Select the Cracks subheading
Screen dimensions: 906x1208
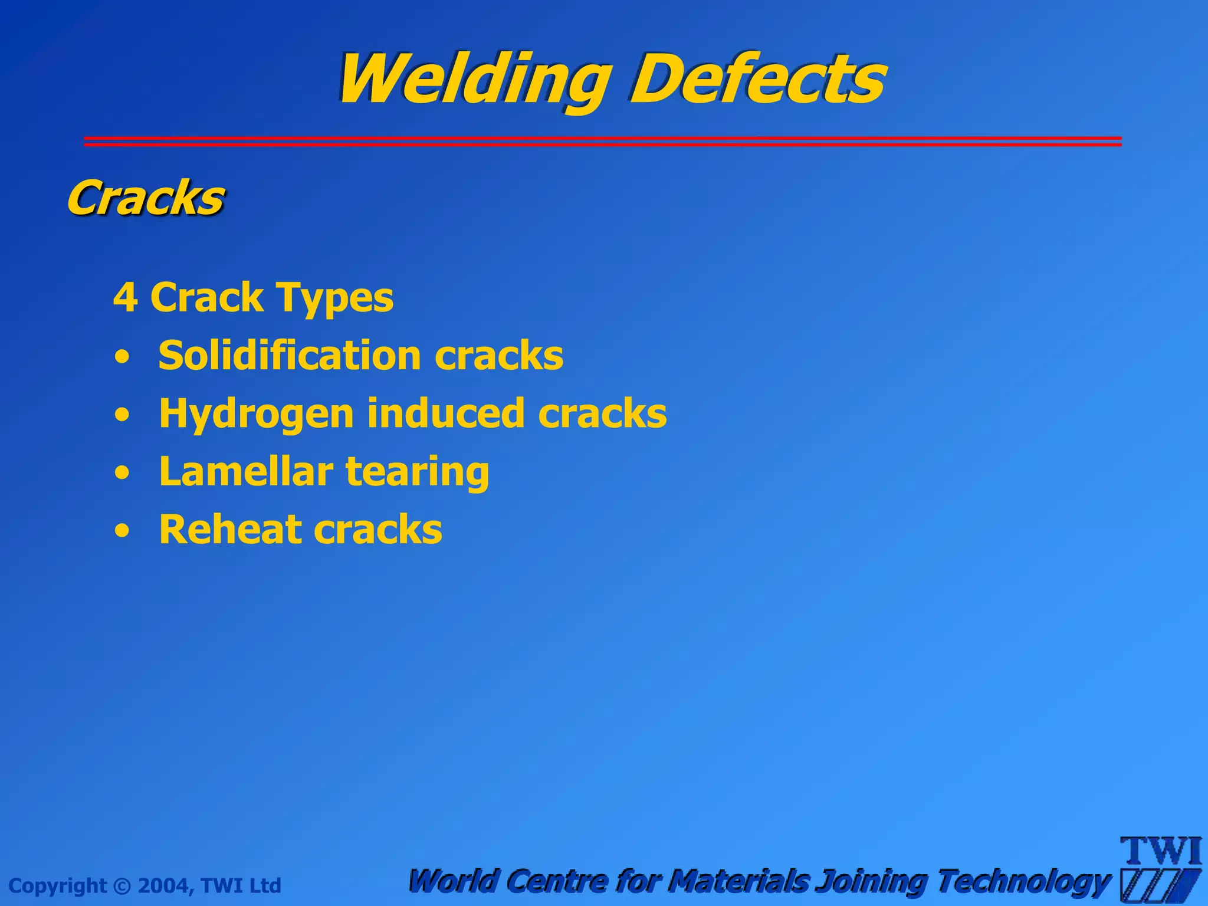pyautogui.click(x=145, y=198)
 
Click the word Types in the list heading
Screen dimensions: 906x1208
pyautogui.click(x=334, y=298)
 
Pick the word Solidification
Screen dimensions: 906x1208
pyautogui.click(x=290, y=355)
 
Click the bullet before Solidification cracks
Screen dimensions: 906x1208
pyautogui.click(x=122, y=357)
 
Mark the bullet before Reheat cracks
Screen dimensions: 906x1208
pyautogui.click(x=122, y=531)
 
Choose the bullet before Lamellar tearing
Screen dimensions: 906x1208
pyautogui.click(x=122, y=474)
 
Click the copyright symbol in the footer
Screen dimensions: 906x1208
pyautogui.click(x=122, y=886)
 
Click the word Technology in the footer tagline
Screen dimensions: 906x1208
pyautogui.click(x=1023, y=881)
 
